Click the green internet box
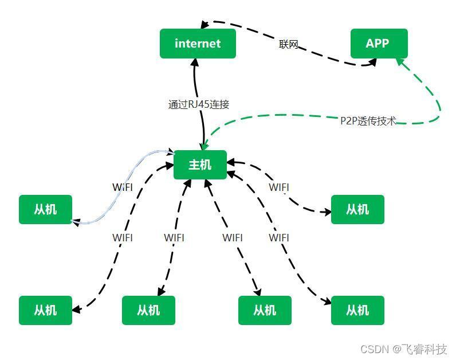pyautogui.click(x=198, y=44)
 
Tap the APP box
pyautogui.click(x=379, y=44)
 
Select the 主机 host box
pyautogui.click(x=200, y=165)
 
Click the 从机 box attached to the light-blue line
pyautogui.click(x=45, y=210)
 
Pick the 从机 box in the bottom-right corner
pyautogui.click(x=357, y=310)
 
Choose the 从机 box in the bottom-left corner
pyautogui.click(x=45, y=310)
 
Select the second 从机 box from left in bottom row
pyautogui.click(x=148, y=310)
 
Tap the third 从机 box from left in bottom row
pyautogui.click(x=265, y=310)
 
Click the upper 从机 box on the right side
pyautogui.click(x=357, y=210)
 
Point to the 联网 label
pyautogui.click(x=289, y=45)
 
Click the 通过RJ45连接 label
pyautogui.click(x=199, y=104)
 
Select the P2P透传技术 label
pyautogui.click(x=368, y=120)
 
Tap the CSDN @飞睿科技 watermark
pyautogui.click(x=404, y=349)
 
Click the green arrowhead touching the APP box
pyautogui.click(x=400, y=62)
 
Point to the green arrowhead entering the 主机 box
pyautogui.click(x=205, y=144)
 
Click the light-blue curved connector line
pyautogui.click(x=122, y=186)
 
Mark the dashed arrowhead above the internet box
pyautogui.click(x=205, y=25)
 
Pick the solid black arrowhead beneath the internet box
pyautogui.click(x=195, y=62)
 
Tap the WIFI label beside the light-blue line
pyautogui.click(x=123, y=187)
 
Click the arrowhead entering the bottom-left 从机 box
pyautogui.click(x=76, y=309)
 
